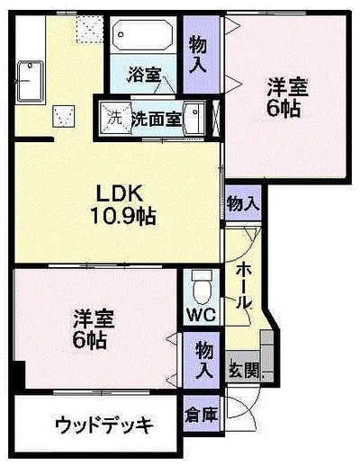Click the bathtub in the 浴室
(143, 35)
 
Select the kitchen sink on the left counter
(31, 81)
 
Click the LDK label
(119, 193)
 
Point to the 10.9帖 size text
(123, 216)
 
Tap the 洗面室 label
(157, 119)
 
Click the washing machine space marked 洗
(115, 118)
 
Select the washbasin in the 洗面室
(194, 119)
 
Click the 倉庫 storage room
(202, 414)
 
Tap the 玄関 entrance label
(244, 372)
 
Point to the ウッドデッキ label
(104, 425)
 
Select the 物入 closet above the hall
(243, 203)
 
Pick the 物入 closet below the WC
(202, 360)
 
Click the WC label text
(202, 315)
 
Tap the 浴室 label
(144, 75)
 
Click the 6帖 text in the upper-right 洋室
(283, 108)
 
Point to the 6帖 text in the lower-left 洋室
(89, 340)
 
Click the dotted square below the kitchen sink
(63, 116)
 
